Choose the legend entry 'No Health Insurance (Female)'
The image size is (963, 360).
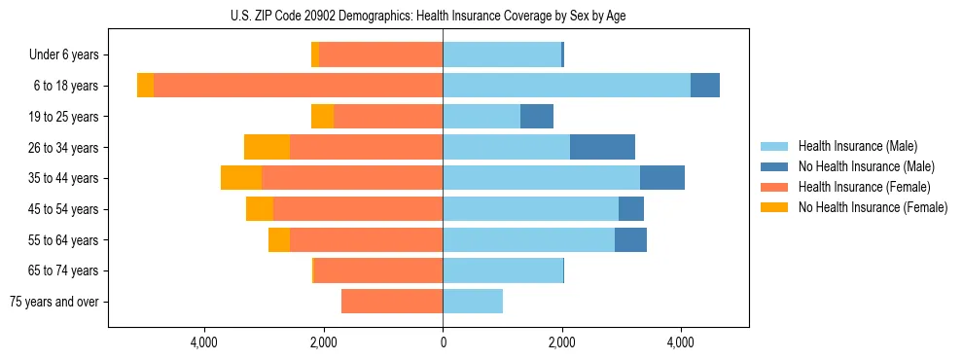coord(873,207)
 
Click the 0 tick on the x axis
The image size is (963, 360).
coord(443,342)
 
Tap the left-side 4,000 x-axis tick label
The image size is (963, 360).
coord(204,342)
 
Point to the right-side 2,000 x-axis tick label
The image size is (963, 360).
coord(561,342)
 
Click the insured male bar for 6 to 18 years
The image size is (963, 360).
coord(566,86)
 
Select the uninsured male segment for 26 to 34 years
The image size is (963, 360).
coord(602,147)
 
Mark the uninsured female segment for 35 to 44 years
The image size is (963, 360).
coord(241,178)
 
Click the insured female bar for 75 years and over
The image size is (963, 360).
coord(392,302)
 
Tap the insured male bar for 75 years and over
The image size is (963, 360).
coord(473,302)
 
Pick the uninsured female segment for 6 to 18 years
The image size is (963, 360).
coord(145,86)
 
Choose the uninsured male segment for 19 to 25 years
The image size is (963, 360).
coord(537,117)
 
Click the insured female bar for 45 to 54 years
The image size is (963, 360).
coord(358,209)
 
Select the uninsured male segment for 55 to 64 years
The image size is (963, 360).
coord(630,239)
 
